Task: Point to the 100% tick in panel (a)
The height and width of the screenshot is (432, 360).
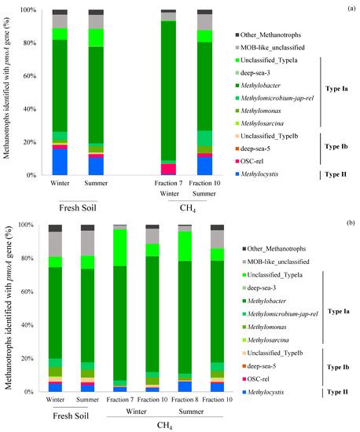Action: coord(27,9)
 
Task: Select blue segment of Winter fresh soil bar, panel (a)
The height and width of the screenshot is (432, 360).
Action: coord(60,161)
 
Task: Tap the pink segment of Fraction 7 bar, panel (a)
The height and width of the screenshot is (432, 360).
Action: coord(168,169)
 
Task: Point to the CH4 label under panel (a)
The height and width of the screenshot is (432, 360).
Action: coord(186,208)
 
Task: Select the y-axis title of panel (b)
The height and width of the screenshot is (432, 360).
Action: coord(8,307)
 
